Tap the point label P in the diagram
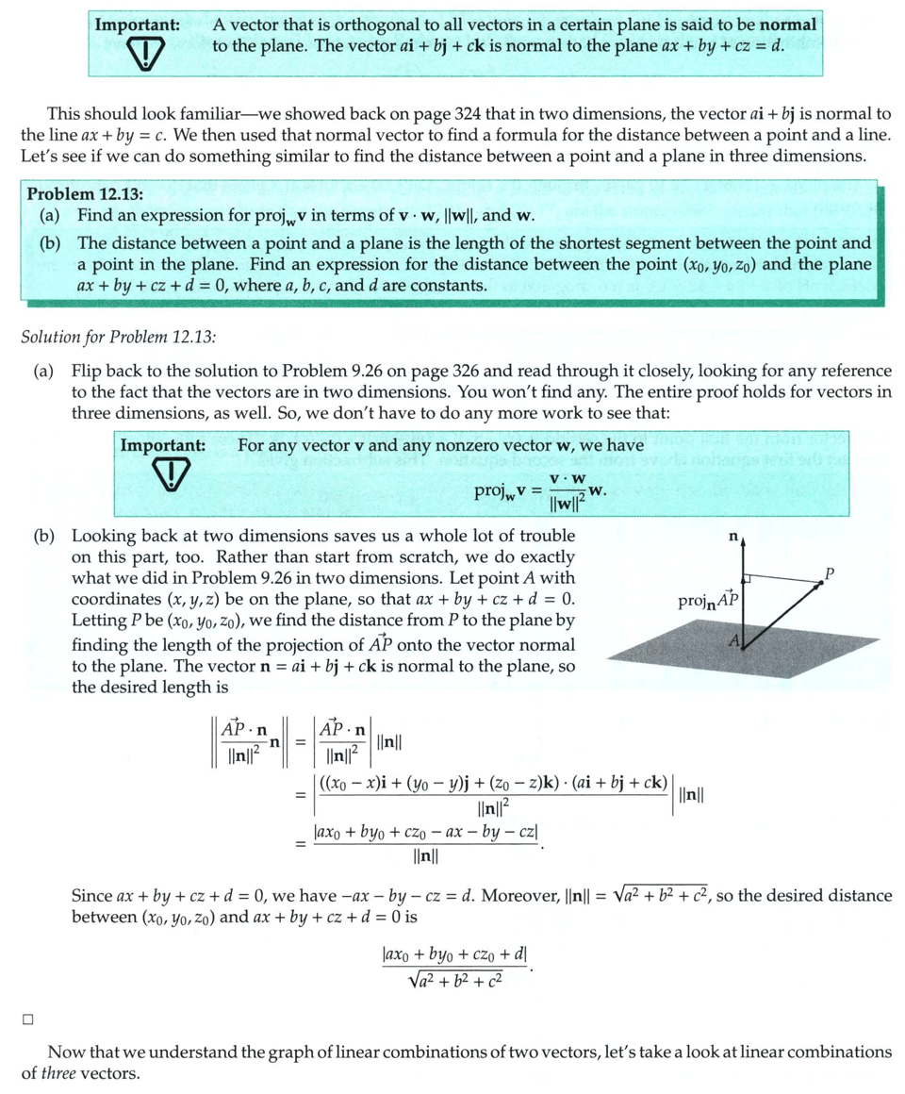point(830,572)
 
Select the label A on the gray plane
point(732,641)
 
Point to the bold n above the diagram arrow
point(733,536)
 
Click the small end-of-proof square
point(28,1018)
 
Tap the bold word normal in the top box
point(789,25)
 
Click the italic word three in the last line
point(59,1072)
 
